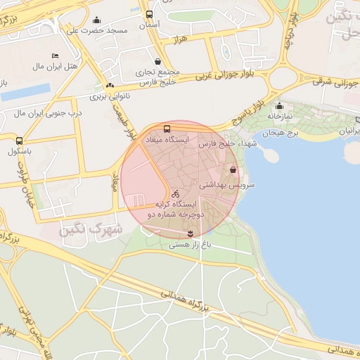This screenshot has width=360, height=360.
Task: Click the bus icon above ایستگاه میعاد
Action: tap(167, 129)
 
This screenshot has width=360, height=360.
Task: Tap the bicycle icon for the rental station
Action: tap(176, 193)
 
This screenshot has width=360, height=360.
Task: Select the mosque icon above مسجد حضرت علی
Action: tap(96, 20)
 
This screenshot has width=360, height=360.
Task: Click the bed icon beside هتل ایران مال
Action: tap(56, 56)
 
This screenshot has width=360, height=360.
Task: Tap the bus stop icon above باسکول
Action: tap(19, 141)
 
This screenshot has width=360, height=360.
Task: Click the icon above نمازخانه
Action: tap(279, 106)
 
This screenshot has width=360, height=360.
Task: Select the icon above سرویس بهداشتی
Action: tap(233, 170)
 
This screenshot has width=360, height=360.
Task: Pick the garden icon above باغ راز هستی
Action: tap(190, 233)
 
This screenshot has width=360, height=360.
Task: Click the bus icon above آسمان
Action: tap(149, 14)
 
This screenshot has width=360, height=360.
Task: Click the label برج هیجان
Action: tap(281, 133)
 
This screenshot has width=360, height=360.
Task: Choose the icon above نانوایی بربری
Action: tap(108, 84)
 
